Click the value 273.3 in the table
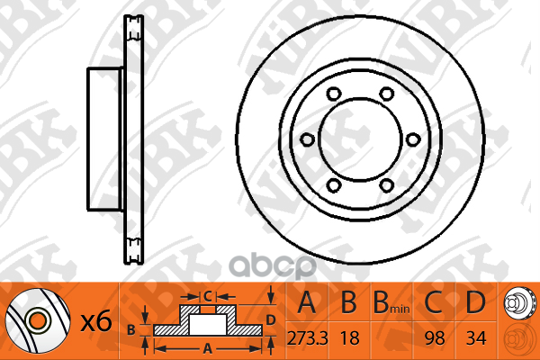307,338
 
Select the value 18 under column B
349,338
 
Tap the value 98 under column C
435,338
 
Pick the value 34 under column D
476,338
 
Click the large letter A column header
307,302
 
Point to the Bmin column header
391,302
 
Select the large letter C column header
433,302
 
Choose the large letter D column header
475,302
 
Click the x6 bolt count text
96,322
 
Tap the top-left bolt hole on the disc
334,94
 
